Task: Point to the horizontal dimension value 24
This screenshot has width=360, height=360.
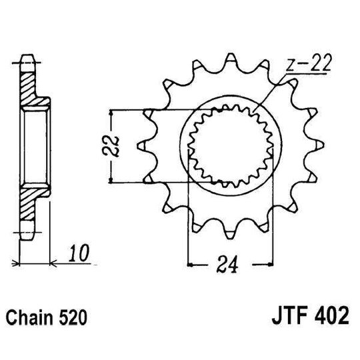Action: pos(231,267)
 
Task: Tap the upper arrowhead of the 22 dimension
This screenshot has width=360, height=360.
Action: pos(112,111)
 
